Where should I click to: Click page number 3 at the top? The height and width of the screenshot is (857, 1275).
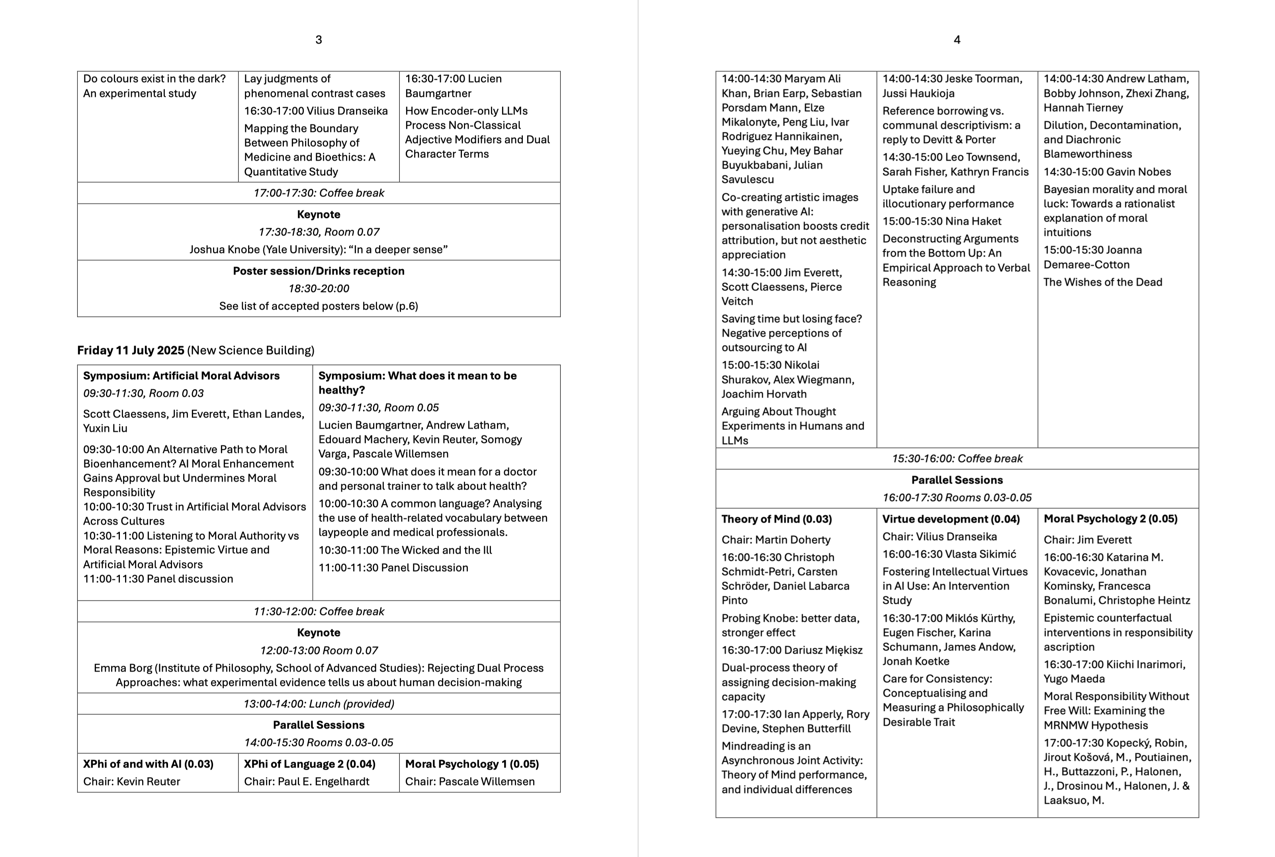[319, 40]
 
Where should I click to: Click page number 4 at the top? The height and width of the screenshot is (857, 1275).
[957, 40]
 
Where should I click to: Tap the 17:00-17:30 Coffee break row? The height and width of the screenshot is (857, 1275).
[319, 193]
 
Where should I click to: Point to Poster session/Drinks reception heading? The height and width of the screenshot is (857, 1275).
[319, 271]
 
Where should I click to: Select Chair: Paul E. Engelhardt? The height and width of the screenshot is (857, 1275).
[306, 782]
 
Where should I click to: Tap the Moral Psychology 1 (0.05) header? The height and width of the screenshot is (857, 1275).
[471, 764]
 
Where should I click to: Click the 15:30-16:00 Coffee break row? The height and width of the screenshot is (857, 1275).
[957, 458]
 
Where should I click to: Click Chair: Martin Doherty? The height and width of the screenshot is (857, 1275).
[776, 540]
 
